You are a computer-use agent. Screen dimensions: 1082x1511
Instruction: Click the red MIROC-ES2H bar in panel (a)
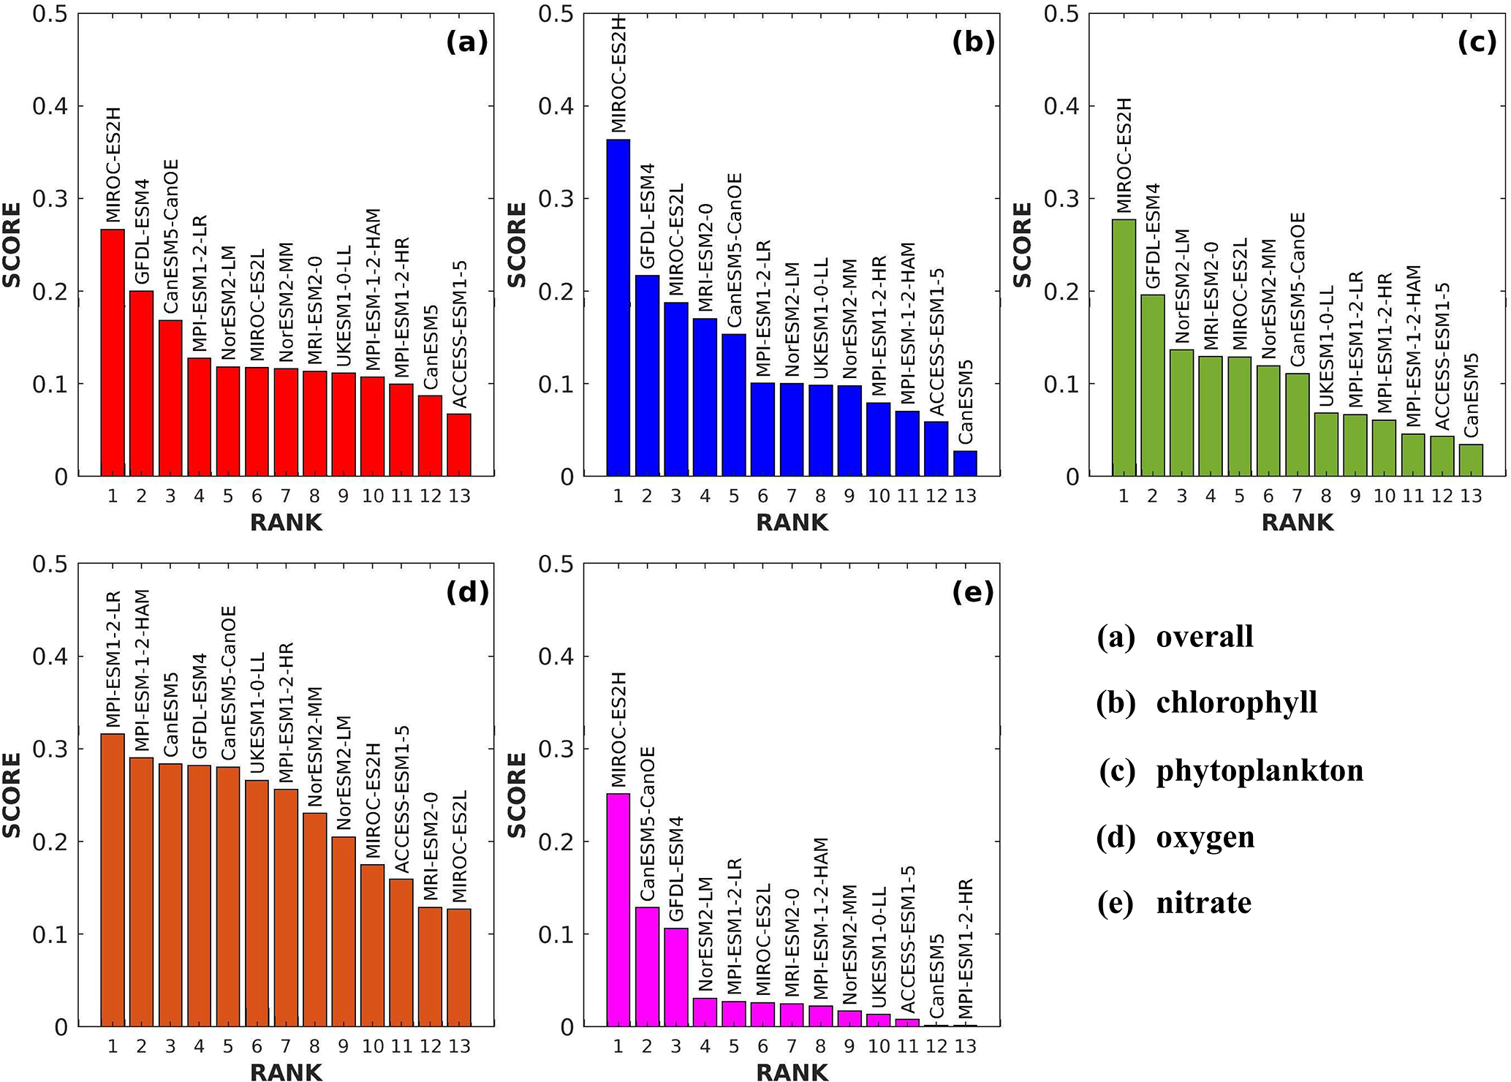coord(113,353)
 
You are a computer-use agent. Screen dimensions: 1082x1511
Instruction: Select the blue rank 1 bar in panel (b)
coord(618,308)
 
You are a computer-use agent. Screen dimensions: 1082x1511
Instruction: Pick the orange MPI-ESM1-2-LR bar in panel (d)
coord(113,880)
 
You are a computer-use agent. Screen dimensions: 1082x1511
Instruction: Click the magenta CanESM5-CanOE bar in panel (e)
coord(647,966)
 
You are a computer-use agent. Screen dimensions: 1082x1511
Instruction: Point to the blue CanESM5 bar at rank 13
coord(966,464)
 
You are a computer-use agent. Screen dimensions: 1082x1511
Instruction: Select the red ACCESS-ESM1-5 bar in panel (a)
coord(459,445)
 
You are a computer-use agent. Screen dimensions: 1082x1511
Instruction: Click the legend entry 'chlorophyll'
coord(1236,703)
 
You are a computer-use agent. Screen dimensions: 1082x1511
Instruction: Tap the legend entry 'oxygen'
coord(1205,837)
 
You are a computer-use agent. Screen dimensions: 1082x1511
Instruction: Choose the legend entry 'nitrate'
coord(1203,903)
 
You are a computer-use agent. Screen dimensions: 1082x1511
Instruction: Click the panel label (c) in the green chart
coord(1477,42)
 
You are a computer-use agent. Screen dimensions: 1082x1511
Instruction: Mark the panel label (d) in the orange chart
coord(466,592)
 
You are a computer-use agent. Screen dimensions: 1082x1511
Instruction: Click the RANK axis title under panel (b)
coord(792,523)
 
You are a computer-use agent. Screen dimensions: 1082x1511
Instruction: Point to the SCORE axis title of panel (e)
coord(517,795)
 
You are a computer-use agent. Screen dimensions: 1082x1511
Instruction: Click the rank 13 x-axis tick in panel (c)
coord(1471,496)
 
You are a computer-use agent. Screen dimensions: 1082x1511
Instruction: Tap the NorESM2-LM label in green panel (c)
coord(1182,287)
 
